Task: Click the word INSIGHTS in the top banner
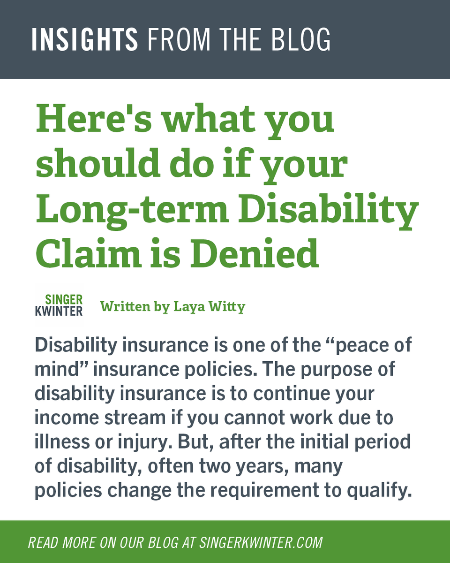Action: [x=85, y=39]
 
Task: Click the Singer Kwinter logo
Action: [x=59, y=305]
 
